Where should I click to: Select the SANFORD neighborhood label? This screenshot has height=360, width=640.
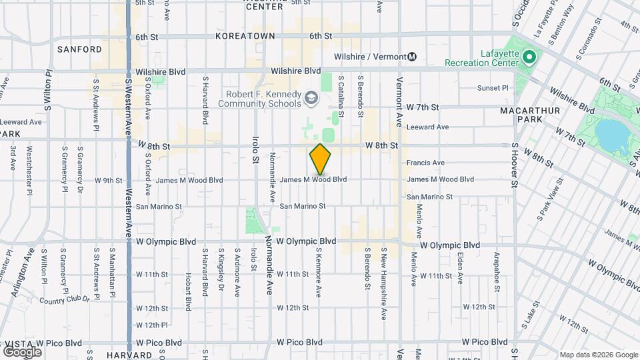[79, 49]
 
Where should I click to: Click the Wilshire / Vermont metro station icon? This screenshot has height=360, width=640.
[413, 57]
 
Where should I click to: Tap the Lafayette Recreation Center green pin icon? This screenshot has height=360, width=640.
[529, 57]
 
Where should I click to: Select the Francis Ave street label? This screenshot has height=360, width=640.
[425, 163]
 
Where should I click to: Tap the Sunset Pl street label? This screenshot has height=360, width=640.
[493, 88]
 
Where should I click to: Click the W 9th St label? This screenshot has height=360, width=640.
[109, 180]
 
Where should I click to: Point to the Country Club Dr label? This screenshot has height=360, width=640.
[65, 300]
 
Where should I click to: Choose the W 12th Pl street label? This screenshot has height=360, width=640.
[151, 325]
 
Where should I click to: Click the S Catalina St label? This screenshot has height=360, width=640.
[340, 96]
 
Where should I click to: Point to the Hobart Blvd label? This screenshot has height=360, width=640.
[189, 291]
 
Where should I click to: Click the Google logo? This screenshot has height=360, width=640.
[22, 351]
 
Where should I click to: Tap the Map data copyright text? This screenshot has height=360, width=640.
[598, 355]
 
